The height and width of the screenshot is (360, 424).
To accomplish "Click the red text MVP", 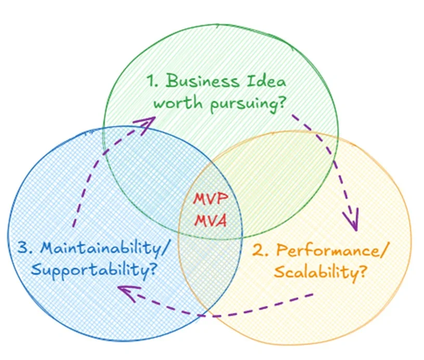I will pos(211,200).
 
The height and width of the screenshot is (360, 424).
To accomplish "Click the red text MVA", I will pos(211,221).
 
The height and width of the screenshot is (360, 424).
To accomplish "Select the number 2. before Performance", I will pos(261,251).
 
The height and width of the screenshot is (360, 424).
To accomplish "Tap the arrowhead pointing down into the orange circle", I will pos(353,221).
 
